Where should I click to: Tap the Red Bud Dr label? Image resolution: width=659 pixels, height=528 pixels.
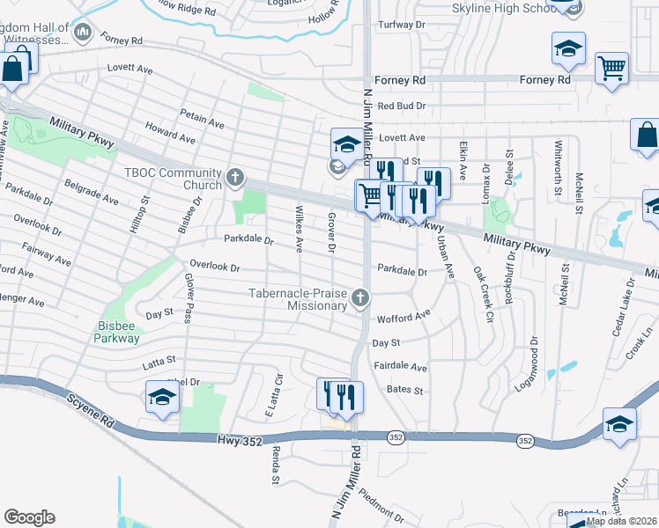tap(401, 106)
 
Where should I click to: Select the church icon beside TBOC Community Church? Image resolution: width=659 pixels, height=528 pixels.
tap(235, 178)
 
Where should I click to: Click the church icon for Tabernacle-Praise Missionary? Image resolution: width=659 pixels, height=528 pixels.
tap(359, 299)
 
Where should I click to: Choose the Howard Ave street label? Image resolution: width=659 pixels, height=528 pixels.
tap(170, 134)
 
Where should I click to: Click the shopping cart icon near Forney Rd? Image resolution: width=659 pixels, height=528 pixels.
tap(611, 67)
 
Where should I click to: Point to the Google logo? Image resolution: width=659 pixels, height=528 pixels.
tap(29, 517)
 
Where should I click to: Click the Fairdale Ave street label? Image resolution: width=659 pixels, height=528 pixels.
tap(400, 367)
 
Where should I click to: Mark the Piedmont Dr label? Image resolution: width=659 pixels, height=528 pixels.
tap(381, 497)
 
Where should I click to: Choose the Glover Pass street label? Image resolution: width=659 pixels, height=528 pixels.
tap(189, 297)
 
